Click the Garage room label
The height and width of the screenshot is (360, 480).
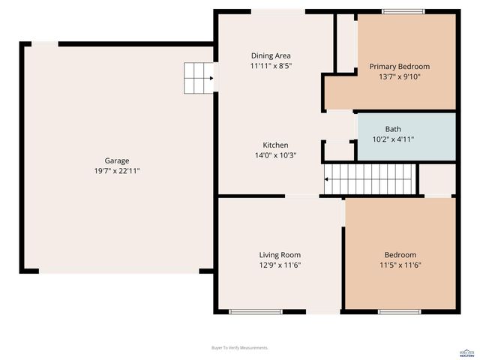[116, 160]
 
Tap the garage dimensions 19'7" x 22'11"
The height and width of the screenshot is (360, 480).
[116, 171]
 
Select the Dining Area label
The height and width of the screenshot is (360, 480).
[271, 55]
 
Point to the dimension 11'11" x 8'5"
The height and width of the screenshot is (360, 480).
[271, 66]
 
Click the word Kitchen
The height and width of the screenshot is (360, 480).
[275, 145]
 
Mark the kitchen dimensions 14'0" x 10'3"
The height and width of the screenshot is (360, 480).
[275, 155]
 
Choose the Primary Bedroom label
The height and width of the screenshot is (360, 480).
[400, 67]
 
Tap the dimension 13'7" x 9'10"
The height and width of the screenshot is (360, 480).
[400, 76]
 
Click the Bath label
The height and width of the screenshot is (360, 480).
[393, 129]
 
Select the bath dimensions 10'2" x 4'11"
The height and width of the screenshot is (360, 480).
[393, 139]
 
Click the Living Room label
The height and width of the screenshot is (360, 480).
[280, 255]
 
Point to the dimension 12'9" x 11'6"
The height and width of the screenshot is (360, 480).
[280, 265]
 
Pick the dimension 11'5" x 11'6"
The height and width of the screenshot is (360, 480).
[400, 265]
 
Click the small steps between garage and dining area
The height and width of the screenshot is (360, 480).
[199, 76]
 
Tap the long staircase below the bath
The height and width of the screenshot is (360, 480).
[369, 180]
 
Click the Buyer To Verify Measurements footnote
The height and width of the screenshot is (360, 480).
[240, 348]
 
